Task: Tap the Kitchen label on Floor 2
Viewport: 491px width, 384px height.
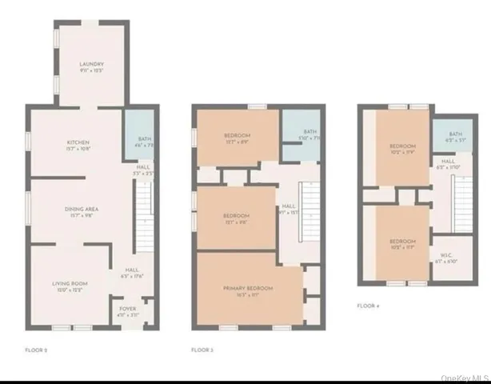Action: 78,145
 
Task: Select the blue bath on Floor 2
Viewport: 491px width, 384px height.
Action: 141,136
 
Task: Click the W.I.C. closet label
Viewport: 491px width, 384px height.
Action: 447,258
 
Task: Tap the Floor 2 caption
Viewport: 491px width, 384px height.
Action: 37,350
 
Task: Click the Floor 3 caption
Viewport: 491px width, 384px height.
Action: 203,350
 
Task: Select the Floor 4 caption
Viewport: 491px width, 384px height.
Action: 368,305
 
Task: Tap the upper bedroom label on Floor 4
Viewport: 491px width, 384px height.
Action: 402,148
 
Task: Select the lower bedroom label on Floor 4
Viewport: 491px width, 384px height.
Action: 402,243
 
